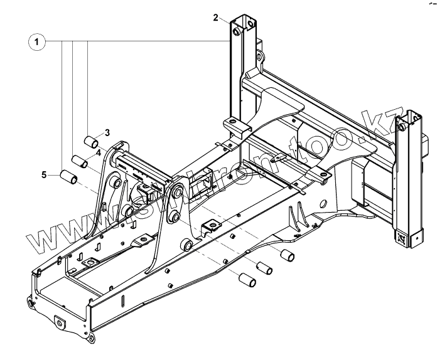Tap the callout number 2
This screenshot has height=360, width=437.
click(x=216, y=18)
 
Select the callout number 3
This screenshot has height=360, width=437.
click(x=107, y=132)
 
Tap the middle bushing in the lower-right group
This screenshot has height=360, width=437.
click(x=264, y=267)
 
